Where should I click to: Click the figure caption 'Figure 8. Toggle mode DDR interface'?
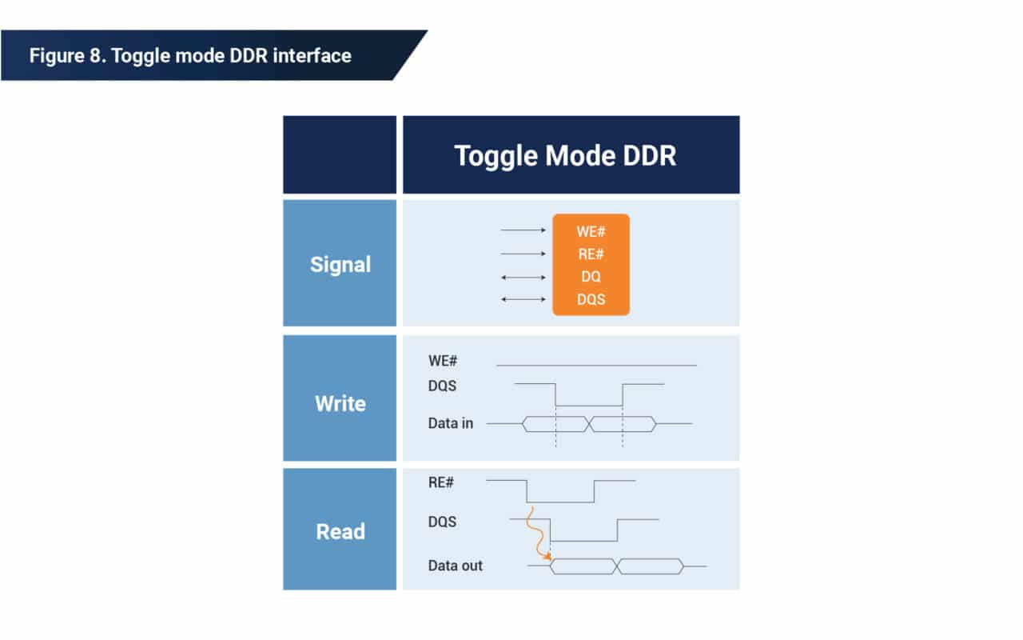coord(190,55)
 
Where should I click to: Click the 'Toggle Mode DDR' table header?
coord(565,155)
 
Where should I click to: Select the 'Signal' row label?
coord(340,264)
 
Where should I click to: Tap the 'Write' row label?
coord(340,403)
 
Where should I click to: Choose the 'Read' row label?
coord(340,531)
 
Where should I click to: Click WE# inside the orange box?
coord(591,231)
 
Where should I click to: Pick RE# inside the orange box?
coord(591,254)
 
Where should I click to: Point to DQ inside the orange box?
coord(591,277)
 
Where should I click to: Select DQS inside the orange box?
coord(591,299)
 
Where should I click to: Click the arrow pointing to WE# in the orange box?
coord(523,230)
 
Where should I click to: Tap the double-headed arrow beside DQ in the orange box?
coord(523,277)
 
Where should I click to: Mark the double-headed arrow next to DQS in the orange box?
coord(523,299)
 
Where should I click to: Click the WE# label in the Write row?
coord(443,362)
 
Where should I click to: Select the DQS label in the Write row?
coord(443,386)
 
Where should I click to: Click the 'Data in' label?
coord(451,423)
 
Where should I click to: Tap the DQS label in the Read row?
coord(443,522)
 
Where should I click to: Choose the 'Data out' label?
coord(456,566)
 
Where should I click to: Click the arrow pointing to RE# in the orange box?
coord(523,254)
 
